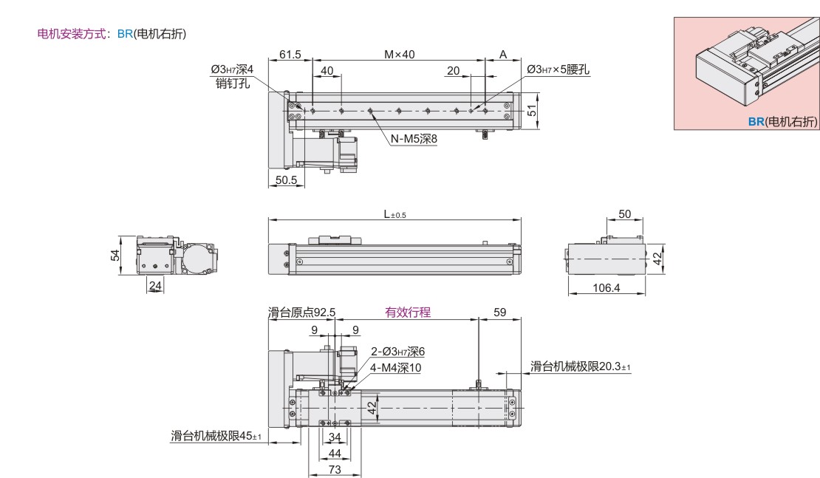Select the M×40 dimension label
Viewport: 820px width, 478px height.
tap(399, 55)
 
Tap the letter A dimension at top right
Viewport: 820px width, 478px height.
tap(503, 55)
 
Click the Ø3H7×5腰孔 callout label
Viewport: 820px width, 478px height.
tap(558, 69)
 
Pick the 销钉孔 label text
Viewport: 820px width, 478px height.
tap(231, 83)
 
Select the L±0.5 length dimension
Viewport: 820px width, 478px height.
tap(394, 214)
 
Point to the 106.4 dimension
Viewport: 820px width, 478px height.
tap(606, 288)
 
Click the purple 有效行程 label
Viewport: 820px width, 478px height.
tap(407, 313)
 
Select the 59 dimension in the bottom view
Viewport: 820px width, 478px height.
tap(500, 313)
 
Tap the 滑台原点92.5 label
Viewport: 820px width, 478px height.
tap(301, 313)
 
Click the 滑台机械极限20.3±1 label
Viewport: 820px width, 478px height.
tap(580, 366)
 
